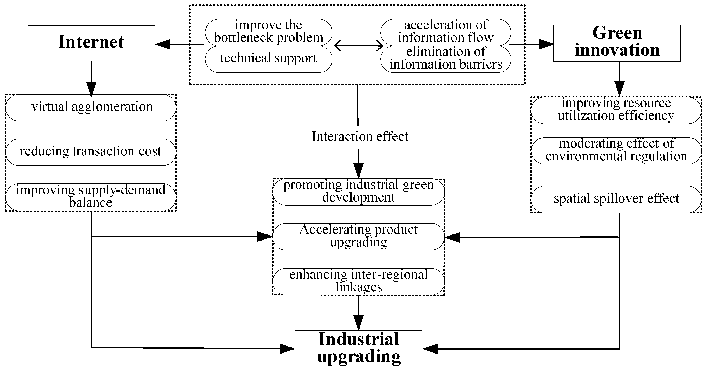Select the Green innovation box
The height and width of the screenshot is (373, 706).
point(617,43)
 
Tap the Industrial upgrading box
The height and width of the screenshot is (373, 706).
point(358,348)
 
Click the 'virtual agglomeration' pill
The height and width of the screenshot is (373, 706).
point(91,108)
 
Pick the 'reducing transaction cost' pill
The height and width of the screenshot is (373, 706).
point(91,152)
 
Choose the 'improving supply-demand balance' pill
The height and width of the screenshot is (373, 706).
point(91,197)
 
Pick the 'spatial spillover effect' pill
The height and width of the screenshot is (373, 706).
point(616,199)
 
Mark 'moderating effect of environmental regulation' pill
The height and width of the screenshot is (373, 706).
point(616,151)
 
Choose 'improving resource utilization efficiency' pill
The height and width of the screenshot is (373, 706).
point(616,110)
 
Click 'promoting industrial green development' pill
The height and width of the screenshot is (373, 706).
point(358,192)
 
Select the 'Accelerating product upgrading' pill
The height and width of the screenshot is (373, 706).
point(358,237)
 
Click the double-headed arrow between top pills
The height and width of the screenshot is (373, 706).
point(358,45)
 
